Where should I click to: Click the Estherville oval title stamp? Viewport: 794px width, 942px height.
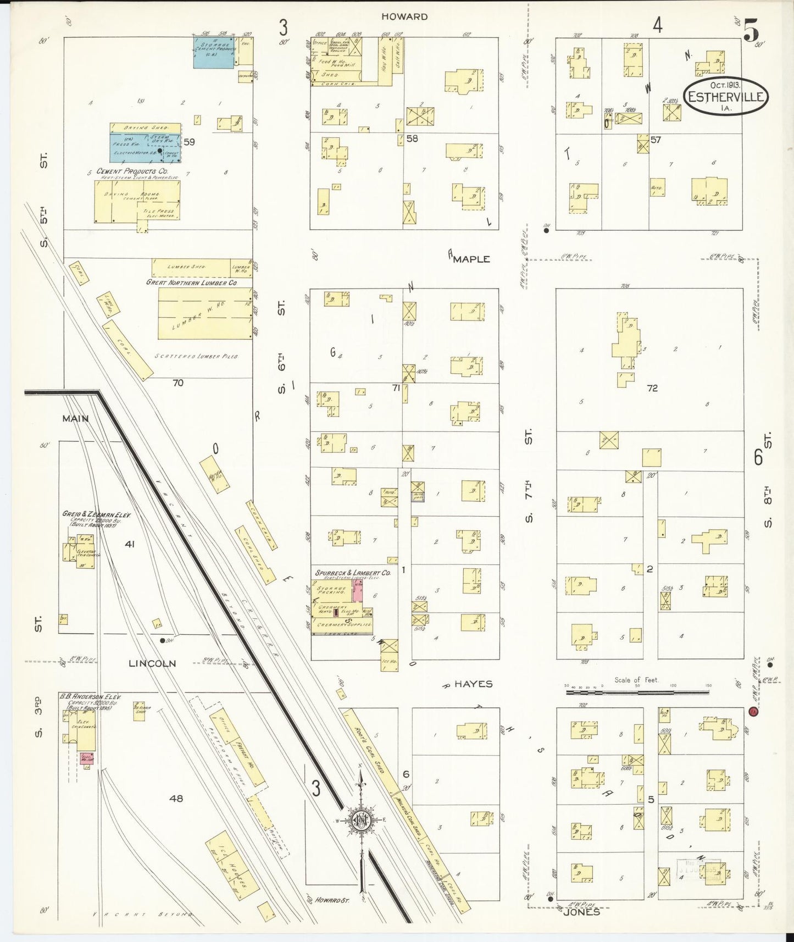tap(725, 96)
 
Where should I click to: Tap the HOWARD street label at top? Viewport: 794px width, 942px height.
tap(404, 17)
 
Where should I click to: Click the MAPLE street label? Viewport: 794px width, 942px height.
tap(471, 259)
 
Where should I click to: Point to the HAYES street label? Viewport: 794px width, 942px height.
tap(473, 684)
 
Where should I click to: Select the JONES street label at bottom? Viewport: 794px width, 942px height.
tap(581, 912)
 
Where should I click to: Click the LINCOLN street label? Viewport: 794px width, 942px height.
tap(152, 663)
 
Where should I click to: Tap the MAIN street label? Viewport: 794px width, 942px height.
tap(75, 418)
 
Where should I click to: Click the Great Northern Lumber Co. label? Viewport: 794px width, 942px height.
tap(191, 282)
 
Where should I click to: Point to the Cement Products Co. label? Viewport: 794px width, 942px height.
tap(132, 171)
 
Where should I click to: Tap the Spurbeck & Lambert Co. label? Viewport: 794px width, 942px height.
tap(352, 573)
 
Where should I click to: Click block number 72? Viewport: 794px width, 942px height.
tap(652, 388)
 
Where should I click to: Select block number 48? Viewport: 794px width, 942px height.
tap(176, 798)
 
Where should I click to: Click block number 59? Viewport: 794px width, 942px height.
tap(189, 142)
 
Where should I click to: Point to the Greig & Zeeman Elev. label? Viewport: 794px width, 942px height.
tap(96, 514)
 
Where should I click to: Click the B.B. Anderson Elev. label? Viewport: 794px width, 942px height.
tap(90, 697)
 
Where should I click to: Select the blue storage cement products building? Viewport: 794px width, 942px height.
tap(214, 52)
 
